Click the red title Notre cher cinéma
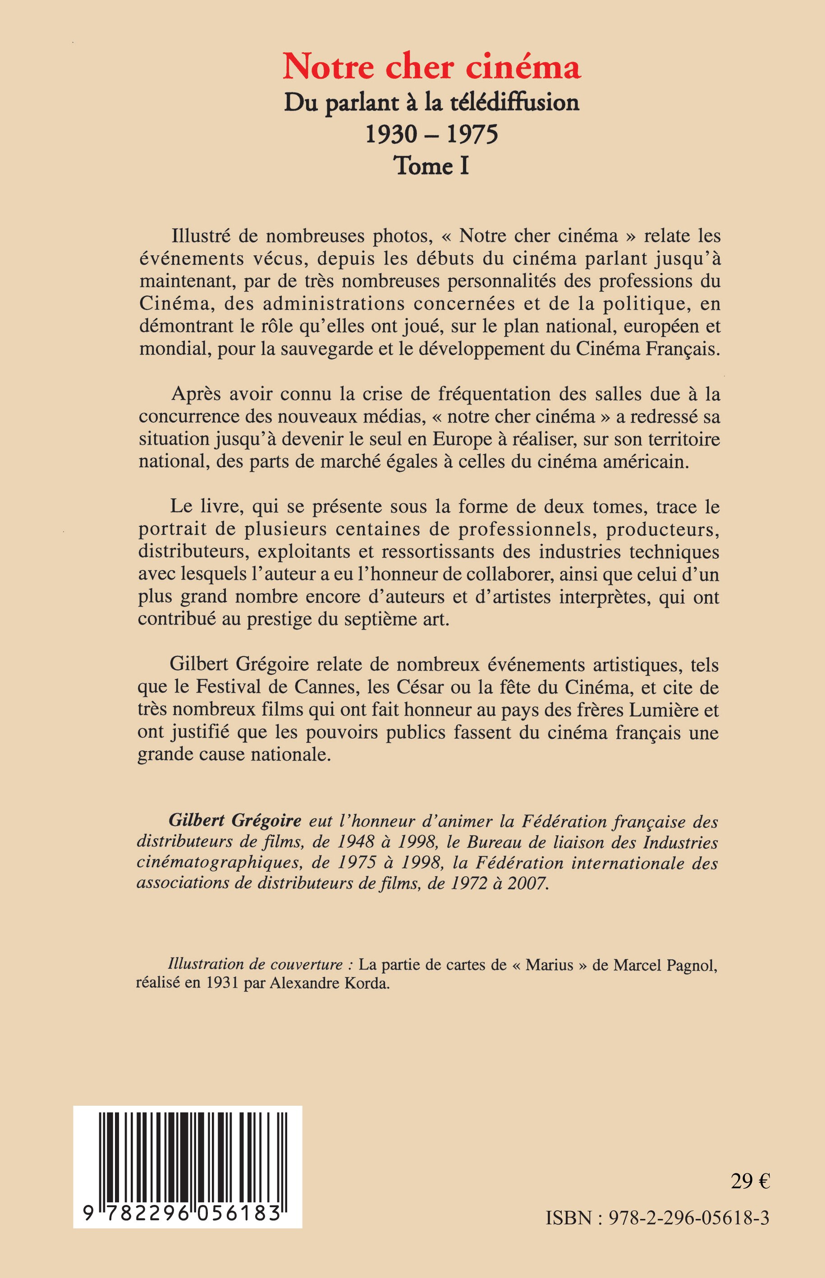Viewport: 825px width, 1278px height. click(432, 68)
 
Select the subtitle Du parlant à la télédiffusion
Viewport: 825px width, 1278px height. click(432, 102)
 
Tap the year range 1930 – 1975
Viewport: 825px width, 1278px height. click(432, 134)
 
